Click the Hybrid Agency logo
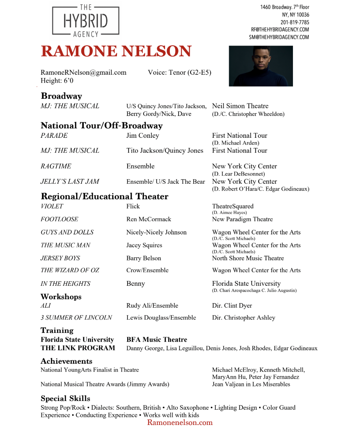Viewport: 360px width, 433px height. click(x=86, y=21)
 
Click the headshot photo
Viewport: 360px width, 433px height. click(x=261, y=66)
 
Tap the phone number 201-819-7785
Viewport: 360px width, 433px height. click(x=294, y=22)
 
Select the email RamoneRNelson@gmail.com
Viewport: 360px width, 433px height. click(x=83, y=72)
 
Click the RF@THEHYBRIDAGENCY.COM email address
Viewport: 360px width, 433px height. click(x=279, y=30)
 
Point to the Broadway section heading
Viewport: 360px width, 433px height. click(x=61, y=96)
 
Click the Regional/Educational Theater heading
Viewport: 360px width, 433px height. click(x=104, y=196)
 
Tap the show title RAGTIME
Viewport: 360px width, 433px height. click(x=56, y=166)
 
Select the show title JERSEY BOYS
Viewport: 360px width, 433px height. click(x=60, y=258)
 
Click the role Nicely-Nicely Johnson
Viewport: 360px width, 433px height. click(x=156, y=232)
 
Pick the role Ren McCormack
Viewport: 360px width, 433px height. click(x=148, y=219)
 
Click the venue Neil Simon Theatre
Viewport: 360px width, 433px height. click(x=240, y=106)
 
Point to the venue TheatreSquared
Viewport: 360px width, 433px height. click(x=232, y=206)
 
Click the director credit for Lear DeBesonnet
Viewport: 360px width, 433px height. click(x=238, y=174)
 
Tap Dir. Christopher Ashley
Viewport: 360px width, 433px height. click(x=243, y=317)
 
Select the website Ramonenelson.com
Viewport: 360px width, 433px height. click(x=180, y=422)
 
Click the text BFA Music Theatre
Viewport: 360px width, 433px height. click(x=157, y=339)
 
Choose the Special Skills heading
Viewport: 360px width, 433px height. click(x=65, y=398)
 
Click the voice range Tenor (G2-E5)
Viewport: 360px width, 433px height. click(x=189, y=72)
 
